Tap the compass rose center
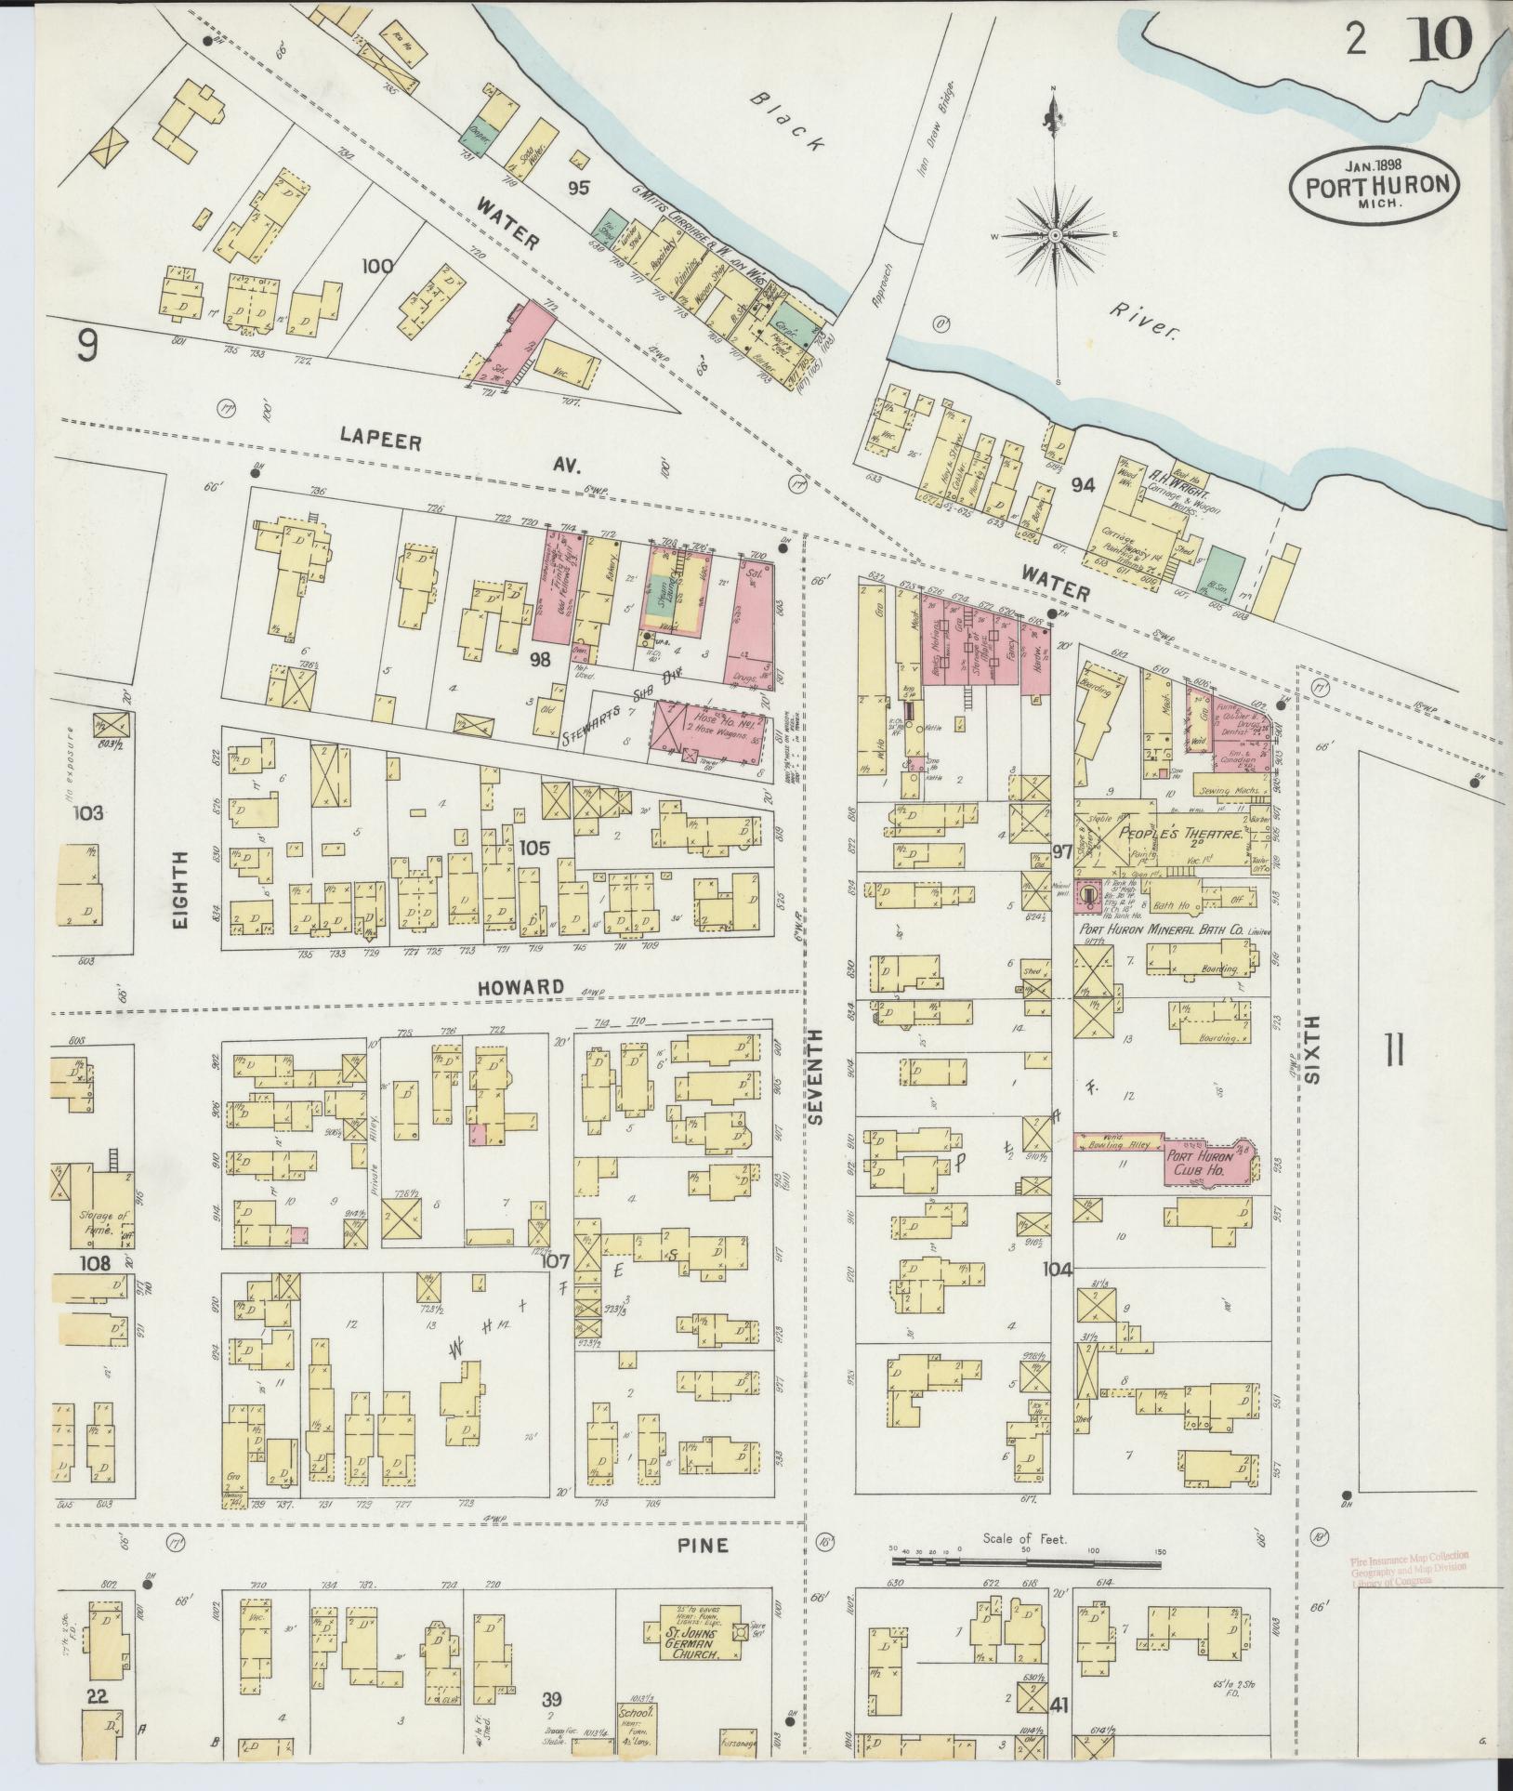tap(1056, 238)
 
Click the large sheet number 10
tap(1441, 39)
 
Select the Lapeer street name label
tap(381, 439)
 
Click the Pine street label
tap(703, 1545)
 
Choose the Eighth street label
tap(178, 890)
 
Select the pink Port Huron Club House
tap(1208, 1162)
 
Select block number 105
tap(534, 847)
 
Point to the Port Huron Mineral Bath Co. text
tap(1174, 930)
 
